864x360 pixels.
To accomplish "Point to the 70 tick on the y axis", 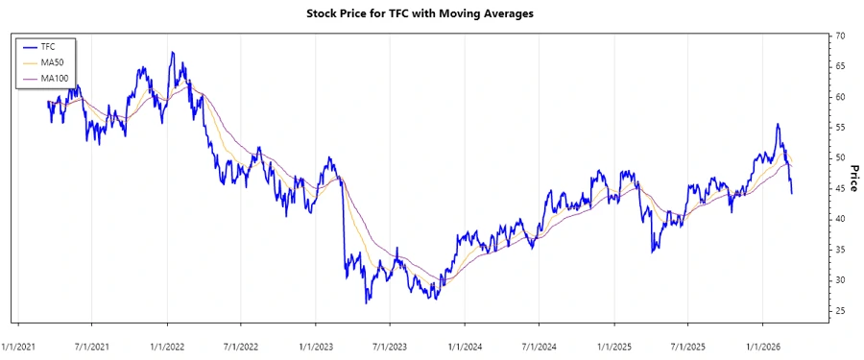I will [840, 36].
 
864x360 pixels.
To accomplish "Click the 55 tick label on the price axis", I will [840, 128].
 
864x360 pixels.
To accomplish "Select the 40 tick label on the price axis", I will [840, 219].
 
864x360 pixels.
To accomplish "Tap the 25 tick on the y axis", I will [840, 310].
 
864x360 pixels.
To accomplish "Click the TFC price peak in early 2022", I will [172, 53].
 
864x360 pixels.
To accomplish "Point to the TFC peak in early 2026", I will [777, 124].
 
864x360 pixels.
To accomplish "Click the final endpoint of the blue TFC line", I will [792, 194].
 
